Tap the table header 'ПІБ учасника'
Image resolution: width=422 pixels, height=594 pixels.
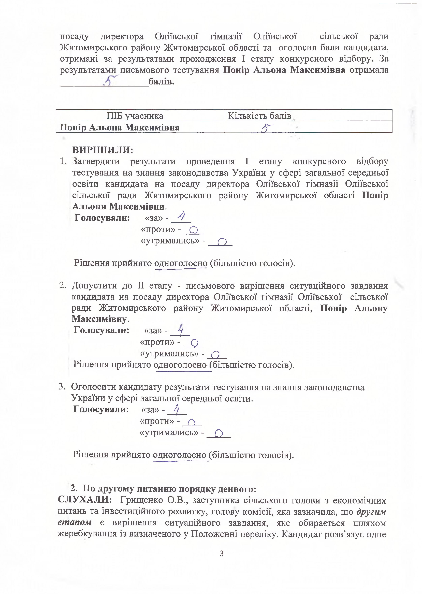(135, 116)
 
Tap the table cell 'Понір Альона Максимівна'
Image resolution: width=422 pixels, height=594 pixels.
(120, 127)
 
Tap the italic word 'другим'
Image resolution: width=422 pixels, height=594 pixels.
(371, 511)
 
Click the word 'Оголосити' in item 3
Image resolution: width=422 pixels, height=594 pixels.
(94, 387)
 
